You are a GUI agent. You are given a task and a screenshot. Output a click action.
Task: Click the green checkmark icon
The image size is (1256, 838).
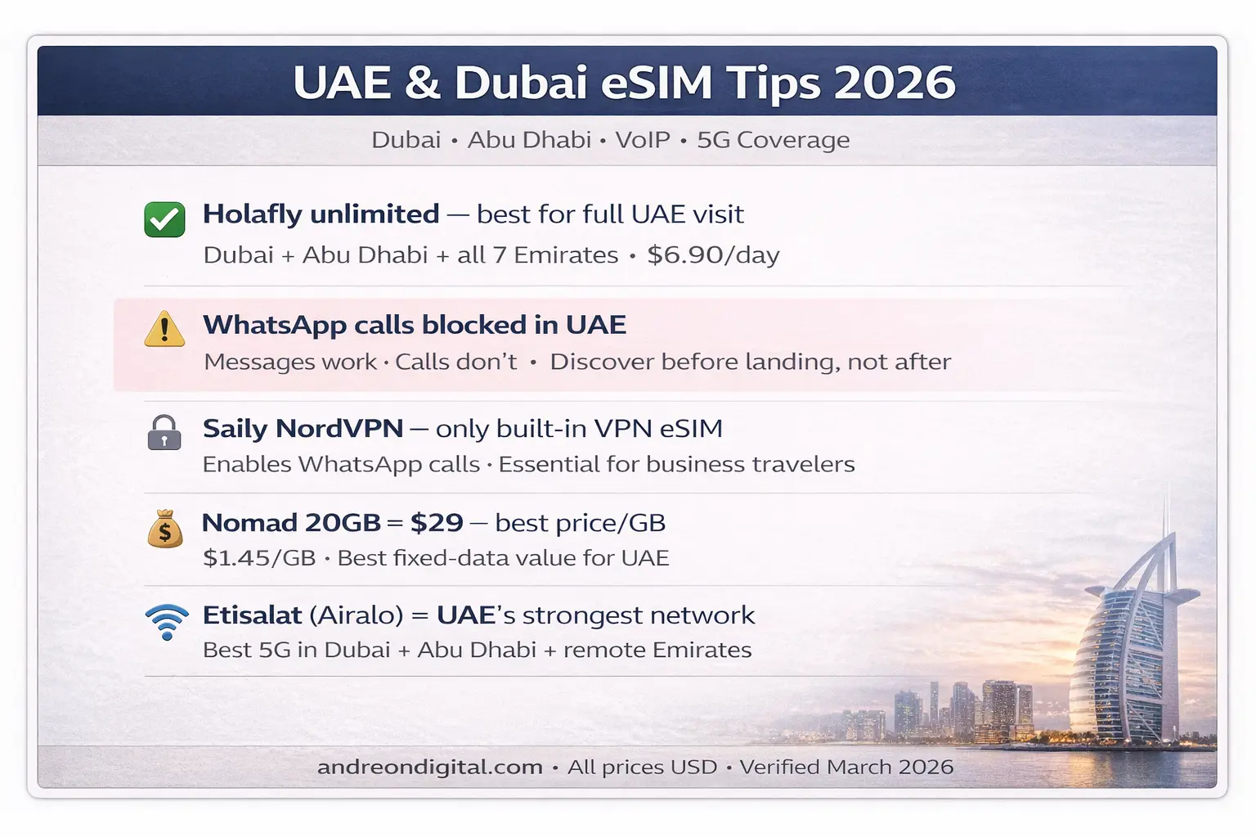(164, 219)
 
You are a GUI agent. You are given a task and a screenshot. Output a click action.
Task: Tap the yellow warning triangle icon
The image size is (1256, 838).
(164, 329)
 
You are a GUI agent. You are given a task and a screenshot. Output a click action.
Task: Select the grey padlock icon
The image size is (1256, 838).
(164, 432)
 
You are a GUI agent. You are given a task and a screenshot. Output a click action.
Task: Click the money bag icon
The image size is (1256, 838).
(165, 529)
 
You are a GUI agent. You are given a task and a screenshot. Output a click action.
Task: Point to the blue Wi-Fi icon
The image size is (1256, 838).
(167, 621)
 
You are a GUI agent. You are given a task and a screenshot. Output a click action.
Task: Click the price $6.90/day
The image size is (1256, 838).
(713, 255)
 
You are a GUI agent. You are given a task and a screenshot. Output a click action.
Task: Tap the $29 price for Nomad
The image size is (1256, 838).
(437, 522)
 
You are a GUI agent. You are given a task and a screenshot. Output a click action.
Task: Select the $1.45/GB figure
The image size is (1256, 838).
(259, 558)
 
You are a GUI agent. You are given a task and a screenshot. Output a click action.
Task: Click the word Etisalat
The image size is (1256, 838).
(252, 615)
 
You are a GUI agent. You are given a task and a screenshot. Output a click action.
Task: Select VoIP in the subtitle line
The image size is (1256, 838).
(643, 140)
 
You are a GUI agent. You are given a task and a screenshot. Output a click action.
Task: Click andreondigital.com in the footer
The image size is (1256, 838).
(430, 767)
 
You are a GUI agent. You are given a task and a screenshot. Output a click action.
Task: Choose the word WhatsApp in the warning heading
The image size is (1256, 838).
(274, 325)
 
